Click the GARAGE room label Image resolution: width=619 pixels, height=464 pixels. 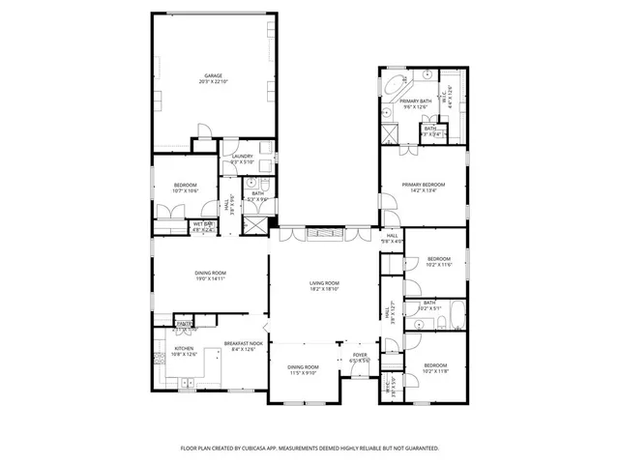click(213, 75)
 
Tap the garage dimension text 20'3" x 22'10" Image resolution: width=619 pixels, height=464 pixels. click(213, 82)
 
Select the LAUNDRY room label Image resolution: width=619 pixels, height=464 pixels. click(242, 156)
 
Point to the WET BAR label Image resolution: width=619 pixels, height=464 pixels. click(202, 224)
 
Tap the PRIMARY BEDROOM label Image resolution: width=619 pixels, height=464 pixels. click(424, 184)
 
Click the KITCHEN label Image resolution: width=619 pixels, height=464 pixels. click(185, 348)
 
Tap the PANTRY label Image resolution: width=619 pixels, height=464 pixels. click(184, 324)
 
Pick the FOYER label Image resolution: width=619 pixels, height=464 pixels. click(360, 355)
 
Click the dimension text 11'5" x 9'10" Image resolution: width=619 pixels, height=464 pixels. click(303, 374)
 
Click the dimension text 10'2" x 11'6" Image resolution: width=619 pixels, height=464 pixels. click(439, 264)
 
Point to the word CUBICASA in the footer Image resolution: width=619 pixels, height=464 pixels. click(291, 449)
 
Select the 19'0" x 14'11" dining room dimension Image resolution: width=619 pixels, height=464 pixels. click(211, 279)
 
